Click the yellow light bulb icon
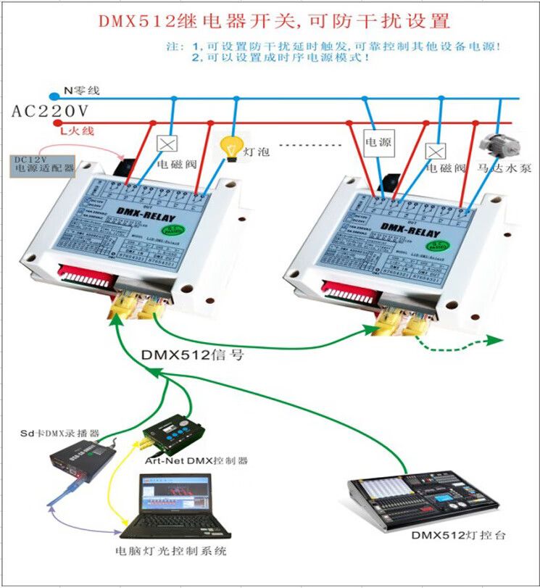coord(231,146)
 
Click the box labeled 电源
coord(377,143)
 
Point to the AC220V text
coord(50,111)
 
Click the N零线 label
coord(81,91)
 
